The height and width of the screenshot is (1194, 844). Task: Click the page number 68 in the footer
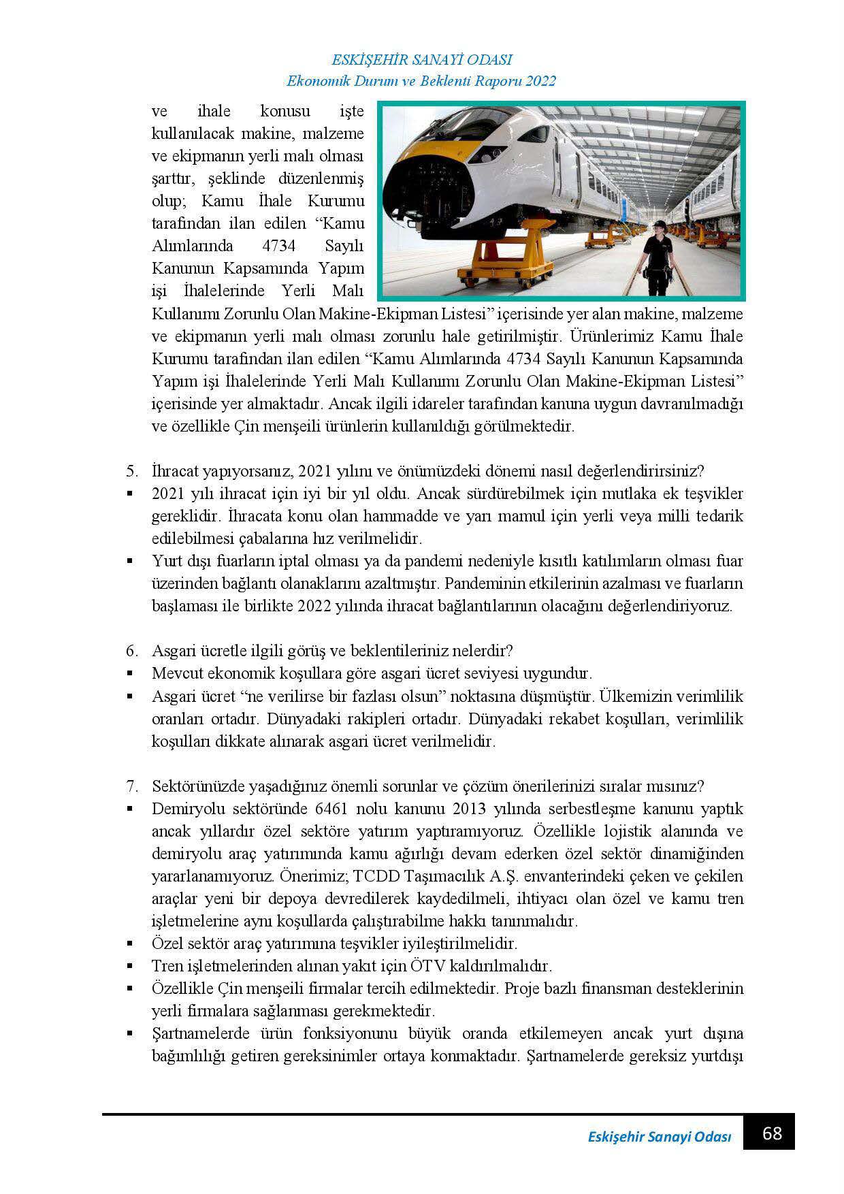click(772, 1133)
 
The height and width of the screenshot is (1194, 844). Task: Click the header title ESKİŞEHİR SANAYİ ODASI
click(421, 59)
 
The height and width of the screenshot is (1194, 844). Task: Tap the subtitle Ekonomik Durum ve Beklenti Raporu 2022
click(421, 81)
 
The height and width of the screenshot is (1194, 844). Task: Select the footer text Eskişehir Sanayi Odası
click(659, 1137)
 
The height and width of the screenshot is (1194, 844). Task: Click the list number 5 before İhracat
click(131, 471)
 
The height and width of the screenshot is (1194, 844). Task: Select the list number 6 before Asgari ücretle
click(131, 651)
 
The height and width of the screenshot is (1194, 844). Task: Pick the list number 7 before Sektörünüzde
click(131, 786)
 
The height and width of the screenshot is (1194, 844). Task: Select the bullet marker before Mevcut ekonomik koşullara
click(129, 674)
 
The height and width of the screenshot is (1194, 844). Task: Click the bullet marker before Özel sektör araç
click(129, 944)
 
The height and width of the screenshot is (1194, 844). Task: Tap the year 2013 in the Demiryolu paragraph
click(470, 809)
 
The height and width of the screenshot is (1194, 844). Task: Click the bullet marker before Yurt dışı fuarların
click(129, 562)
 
